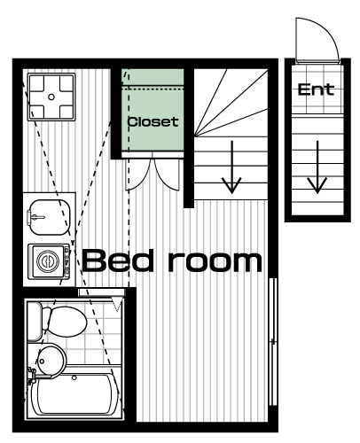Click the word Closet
153,121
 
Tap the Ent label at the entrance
316,89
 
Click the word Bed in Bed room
118,260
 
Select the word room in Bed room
215,261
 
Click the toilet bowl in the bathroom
66,322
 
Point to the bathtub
74,394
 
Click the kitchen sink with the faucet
49,217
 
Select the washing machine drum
48,261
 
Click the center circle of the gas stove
51,97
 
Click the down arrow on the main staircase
231,167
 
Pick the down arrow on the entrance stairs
317,167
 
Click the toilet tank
35,322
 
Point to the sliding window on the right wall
273,342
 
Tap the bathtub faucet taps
31,376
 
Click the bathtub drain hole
74,377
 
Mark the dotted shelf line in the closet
153,88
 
